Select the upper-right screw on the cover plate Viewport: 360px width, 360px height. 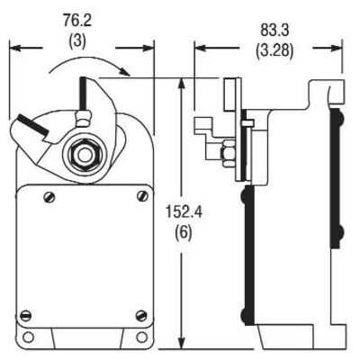tap(142, 196)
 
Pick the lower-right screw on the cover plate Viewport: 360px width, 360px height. tap(142, 313)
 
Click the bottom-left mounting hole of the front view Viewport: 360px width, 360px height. tap(30, 338)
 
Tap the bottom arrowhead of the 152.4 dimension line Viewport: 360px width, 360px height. tap(184, 345)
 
